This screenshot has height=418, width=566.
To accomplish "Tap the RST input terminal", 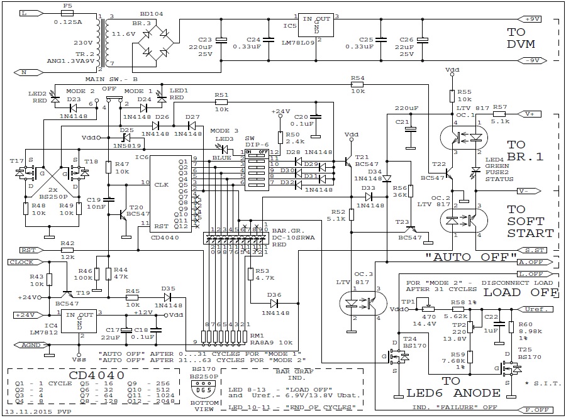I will tap(28, 250).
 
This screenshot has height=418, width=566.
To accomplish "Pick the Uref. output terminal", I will tap(536, 309).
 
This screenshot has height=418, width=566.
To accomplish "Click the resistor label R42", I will tap(67, 243).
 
